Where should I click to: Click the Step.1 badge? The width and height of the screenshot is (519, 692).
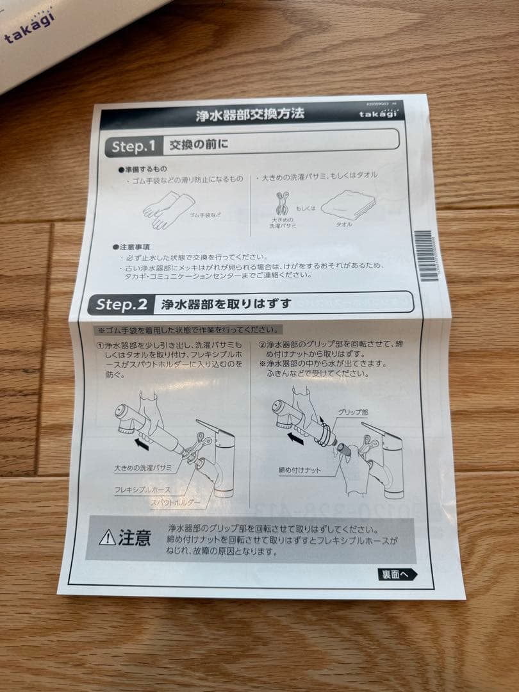click(133, 146)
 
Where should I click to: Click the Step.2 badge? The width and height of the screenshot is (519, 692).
click(122, 304)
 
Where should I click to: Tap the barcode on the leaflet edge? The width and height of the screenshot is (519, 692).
click(425, 256)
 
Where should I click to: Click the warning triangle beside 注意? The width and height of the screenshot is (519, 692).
click(108, 538)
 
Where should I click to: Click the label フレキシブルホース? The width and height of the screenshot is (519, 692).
click(142, 490)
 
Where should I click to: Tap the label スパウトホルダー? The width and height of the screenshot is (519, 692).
click(175, 503)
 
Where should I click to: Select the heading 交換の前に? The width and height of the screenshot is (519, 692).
click(199, 145)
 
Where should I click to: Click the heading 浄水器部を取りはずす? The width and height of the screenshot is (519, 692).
click(226, 304)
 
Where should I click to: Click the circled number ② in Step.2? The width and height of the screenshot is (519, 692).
click(262, 344)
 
